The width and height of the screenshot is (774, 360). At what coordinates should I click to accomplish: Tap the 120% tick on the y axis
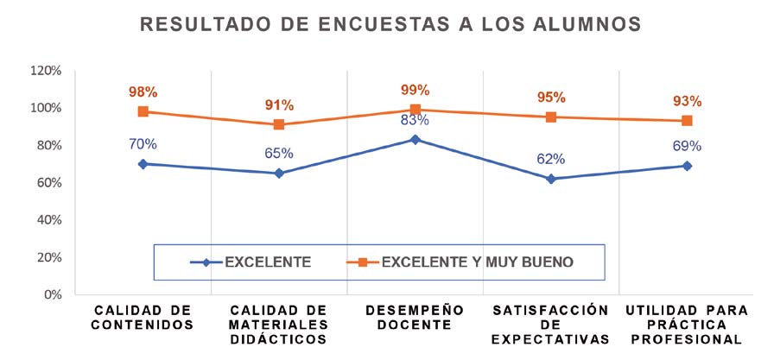[x=45, y=71]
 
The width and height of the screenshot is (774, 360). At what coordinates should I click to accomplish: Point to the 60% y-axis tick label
[x=48, y=183]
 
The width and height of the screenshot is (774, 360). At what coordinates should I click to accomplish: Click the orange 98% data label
[x=143, y=92]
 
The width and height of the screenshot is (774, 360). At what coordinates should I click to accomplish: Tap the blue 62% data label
[x=550, y=159]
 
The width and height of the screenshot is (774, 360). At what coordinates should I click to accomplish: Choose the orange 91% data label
[x=279, y=105]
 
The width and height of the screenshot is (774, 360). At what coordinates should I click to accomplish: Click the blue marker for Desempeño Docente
[x=416, y=139]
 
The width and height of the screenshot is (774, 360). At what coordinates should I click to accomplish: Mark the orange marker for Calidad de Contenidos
[x=143, y=111]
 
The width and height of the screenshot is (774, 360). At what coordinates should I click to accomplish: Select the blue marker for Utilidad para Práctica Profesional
[x=687, y=165]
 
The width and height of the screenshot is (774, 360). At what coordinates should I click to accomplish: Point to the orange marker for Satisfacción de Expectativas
[x=550, y=117]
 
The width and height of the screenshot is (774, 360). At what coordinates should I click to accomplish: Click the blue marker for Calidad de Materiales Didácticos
[x=279, y=173]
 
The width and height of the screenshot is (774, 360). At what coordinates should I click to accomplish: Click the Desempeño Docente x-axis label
[x=415, y=317]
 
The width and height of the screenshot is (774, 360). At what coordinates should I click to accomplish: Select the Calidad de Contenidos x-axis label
[x=143, y=317]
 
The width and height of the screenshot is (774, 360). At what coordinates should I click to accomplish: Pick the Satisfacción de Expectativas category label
[x=551, y=324]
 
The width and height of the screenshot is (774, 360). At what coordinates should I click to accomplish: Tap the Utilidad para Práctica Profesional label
[x=688, y=324]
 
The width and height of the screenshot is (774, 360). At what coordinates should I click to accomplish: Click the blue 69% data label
[x=687, y=146]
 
